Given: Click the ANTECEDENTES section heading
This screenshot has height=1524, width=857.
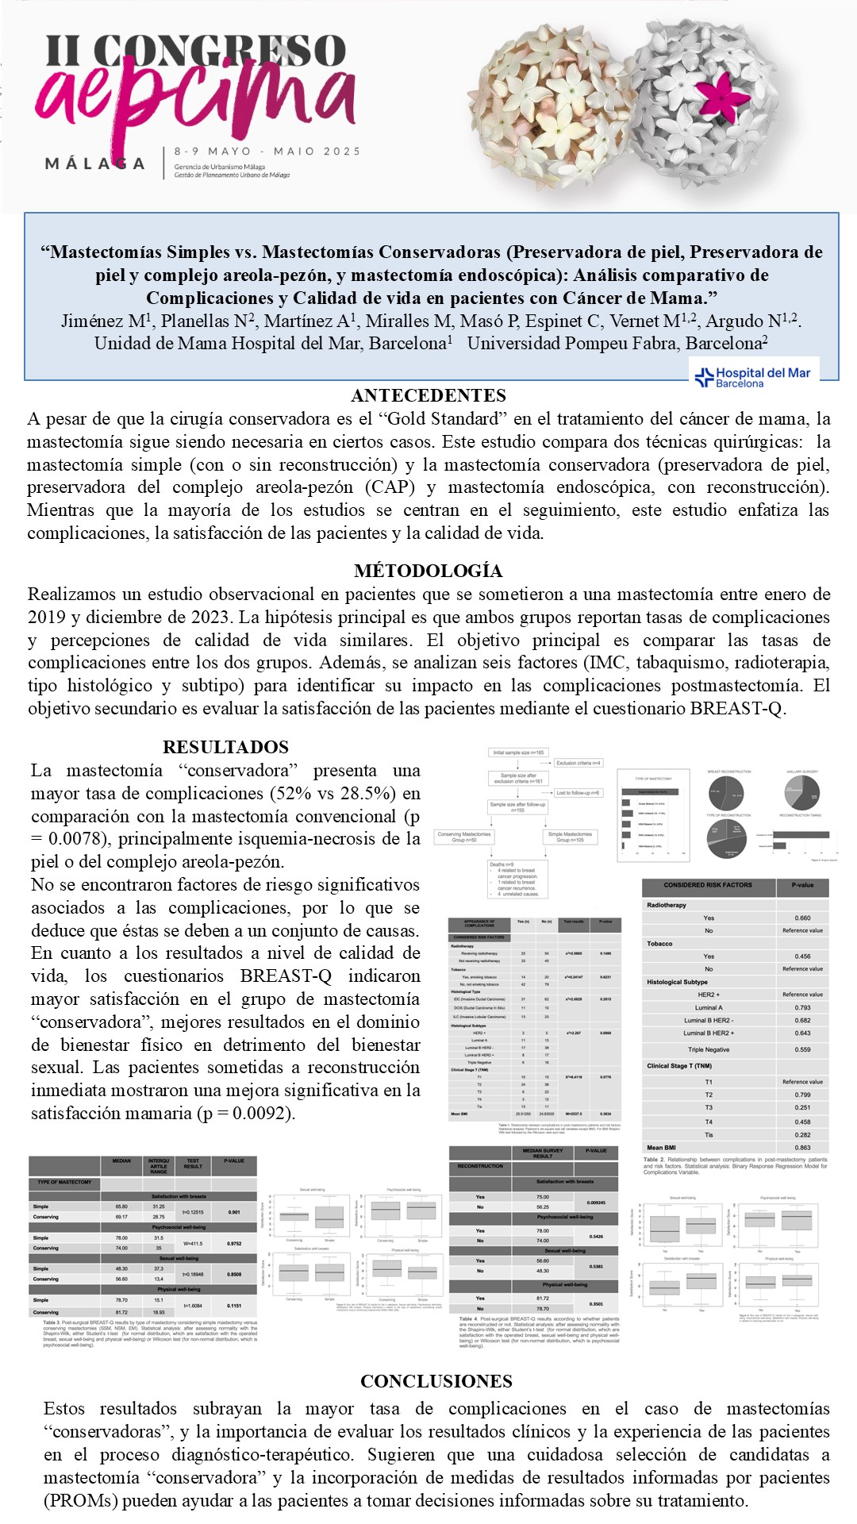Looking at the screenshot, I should pos(428,395).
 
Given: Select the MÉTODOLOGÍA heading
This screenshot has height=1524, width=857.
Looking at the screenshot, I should pos(428,571).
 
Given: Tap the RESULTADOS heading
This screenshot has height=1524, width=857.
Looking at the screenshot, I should pos(225,747).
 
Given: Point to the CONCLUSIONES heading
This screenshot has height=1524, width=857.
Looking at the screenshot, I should pos(436,1381).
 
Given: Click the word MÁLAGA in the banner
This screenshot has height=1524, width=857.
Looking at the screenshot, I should pos(95,164).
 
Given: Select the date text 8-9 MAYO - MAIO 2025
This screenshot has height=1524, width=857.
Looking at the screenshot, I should pos(267,151).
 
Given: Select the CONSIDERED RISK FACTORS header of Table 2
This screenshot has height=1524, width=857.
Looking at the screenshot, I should pos(708,885).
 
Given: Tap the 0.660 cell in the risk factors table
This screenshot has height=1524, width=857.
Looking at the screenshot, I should pos(802,918).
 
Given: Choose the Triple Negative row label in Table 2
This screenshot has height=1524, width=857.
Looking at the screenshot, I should pos(709,1049).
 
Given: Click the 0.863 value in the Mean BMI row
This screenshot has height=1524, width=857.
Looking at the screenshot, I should pos(802,1148).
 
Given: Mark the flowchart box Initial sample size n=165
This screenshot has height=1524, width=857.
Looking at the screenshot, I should pos(518,752).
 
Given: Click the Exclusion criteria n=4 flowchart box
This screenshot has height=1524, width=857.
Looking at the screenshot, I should pos(578,763).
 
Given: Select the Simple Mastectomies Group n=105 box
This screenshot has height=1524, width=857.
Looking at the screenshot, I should pos(570,837).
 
